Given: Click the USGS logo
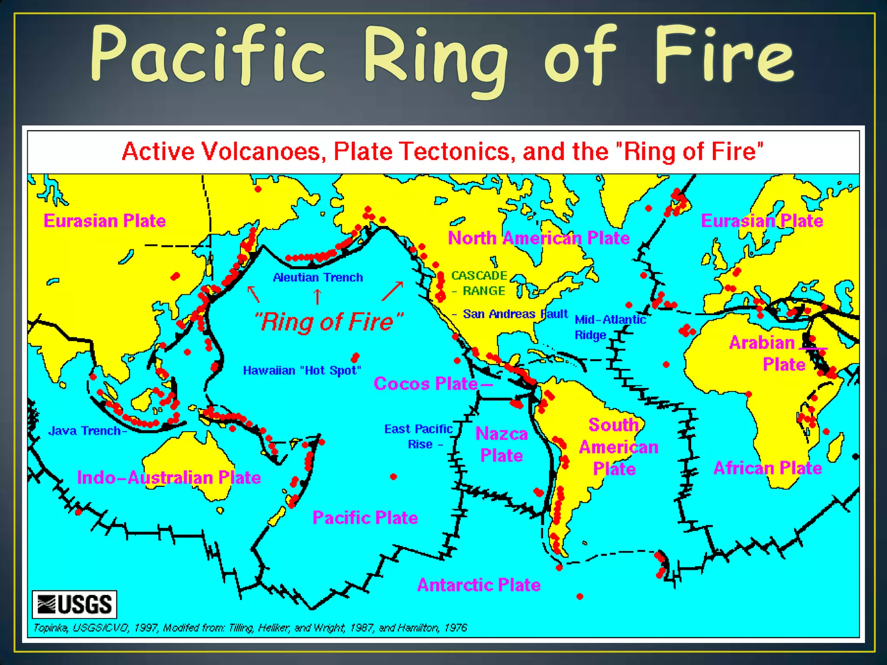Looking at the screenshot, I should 74,604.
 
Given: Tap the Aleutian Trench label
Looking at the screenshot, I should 318,278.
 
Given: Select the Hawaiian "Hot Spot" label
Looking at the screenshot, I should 302,371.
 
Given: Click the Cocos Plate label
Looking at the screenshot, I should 426,384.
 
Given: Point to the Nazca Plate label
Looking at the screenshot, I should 502,445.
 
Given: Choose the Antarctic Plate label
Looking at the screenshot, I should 479,585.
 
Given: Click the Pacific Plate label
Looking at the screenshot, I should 365,518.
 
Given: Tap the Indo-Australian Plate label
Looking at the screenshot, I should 169,478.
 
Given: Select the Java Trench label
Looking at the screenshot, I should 85,431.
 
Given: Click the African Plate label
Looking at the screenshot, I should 767,468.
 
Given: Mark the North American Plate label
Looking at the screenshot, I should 538,238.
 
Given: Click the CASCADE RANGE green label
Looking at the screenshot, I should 479,283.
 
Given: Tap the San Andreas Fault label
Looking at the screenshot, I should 515,314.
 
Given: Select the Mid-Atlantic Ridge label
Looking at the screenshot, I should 610,327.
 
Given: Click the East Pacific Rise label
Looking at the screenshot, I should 418,436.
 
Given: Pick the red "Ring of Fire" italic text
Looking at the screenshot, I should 328,322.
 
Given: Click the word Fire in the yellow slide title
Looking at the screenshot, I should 724,54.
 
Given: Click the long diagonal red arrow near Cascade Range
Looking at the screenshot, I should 392,291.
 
